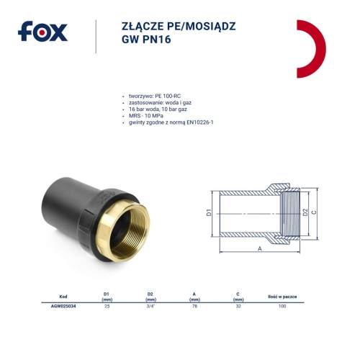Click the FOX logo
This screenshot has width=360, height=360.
[x=42, y=32]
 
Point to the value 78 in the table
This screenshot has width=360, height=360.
[x=197, y=306]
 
